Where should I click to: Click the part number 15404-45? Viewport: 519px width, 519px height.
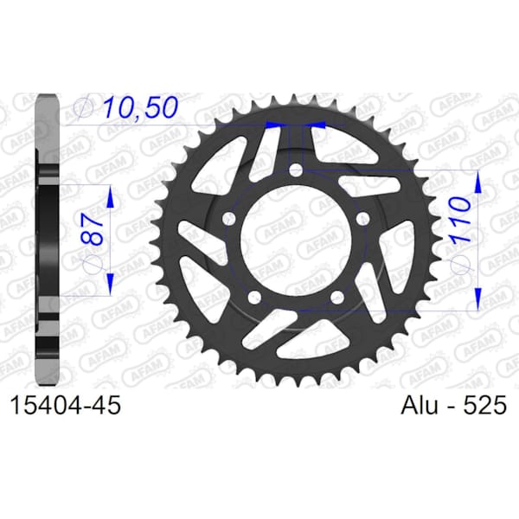(x=66, y=405)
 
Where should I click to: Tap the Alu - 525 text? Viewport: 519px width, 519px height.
(x=453, y=405)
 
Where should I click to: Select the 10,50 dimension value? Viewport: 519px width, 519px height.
(x=140, y=107)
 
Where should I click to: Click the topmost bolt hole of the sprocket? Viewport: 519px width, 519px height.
(x=296, y=171)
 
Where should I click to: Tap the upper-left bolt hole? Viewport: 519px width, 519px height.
(x=228, y=219)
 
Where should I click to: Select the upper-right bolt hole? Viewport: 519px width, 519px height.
(x=363, y=219)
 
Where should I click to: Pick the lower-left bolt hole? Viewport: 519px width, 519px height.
(x=254, y=298)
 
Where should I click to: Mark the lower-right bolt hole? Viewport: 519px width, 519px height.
(x=337, y=298)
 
